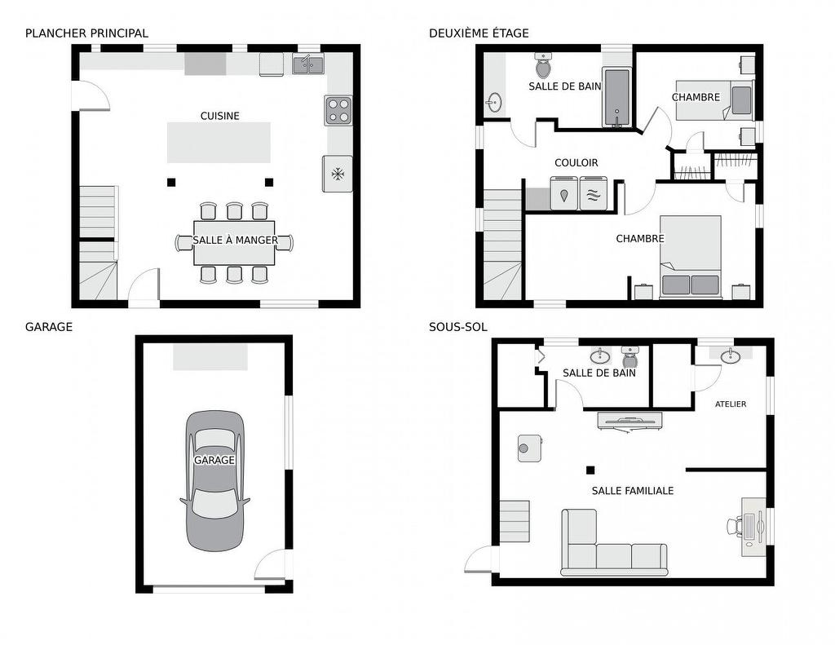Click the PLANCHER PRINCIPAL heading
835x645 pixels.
click(x=86, y=33)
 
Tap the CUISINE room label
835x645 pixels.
click(x=220, y=116)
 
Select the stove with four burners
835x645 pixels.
click(x=338, y=111)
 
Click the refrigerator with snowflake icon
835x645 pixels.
click(x=337, y=174)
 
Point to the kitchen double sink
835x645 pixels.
click(x=308, y=64)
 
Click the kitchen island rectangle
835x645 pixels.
click(x=219, y=143)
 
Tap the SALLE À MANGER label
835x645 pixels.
click(x=235, y=241)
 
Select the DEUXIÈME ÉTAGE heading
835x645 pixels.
click(x=479, y=33)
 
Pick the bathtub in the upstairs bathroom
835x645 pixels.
click(x=616, y=98)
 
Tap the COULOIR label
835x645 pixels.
click(x=576, y=162)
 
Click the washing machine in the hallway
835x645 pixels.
click(x=564, y=194)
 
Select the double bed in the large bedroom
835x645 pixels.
click(x=690, y=255)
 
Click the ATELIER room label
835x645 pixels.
click(x=730, y=404)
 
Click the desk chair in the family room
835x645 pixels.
click(x=735, y=527)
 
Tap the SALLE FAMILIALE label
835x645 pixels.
click(x=632, y=491)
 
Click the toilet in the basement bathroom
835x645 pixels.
click(x=630, y=356)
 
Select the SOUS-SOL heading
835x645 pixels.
click(x=457, y=327)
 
